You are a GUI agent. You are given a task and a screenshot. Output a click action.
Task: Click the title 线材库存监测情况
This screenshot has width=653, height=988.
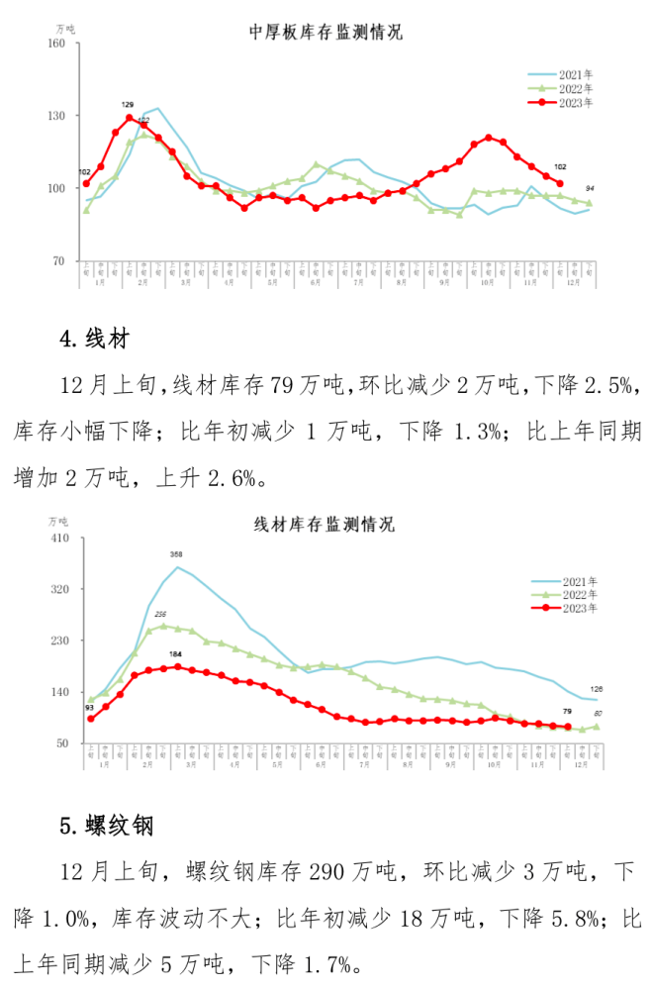click(x=326, y=524)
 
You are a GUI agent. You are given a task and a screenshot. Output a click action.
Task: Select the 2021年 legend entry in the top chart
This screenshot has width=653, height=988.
click(x=565, y=74)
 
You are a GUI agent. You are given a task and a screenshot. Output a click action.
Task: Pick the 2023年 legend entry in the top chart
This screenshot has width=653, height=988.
click(x=565, y=101)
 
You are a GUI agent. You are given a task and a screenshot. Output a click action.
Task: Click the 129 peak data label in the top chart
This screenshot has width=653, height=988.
click(x=128, y=105)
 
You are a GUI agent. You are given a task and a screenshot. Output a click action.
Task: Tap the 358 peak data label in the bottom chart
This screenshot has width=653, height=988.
click(x=177, y=554)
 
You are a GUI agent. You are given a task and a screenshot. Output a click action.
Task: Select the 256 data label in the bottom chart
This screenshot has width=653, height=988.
click(x=161, y=615)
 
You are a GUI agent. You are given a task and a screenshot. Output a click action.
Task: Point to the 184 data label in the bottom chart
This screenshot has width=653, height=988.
click(x=175, y=654)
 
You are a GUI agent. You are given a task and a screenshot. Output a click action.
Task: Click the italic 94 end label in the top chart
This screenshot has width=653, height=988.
click(x=591, y=189)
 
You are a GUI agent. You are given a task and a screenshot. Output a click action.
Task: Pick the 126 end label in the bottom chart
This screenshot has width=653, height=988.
click(x=597, y=689)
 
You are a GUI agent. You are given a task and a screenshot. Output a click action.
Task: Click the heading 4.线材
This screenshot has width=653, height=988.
click(x=95, y=340)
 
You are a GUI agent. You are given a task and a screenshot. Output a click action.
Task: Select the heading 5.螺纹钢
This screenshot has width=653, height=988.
click(x=106, y=825)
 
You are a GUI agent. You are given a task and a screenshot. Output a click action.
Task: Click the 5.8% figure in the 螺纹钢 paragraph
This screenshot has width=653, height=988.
click(x=567, y=918)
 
